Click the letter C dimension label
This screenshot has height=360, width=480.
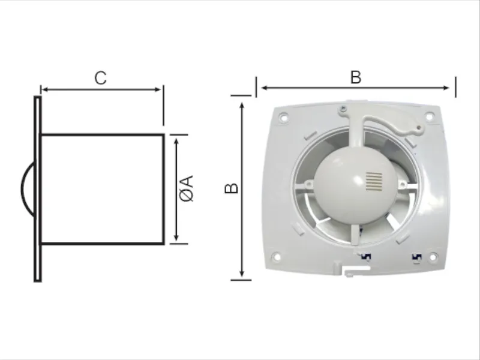[x=101, y=78]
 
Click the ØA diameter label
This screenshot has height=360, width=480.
[x=187, y=188]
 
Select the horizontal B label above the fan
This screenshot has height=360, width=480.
[x=356, y=77]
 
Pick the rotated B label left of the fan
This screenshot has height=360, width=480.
[x=231, y=188]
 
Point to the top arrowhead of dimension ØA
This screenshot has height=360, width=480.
[x=176, y=142]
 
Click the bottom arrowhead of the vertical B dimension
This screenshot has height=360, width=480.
[x=242, y=274]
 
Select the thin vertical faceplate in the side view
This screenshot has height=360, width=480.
[x=37, y=189]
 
